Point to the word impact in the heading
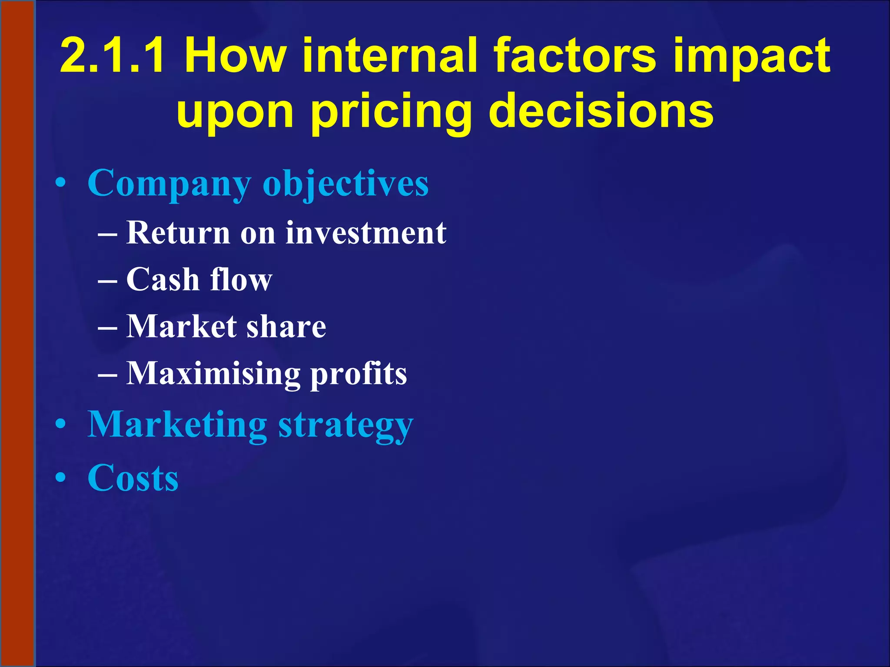751,56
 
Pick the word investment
365,233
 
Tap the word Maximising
213,373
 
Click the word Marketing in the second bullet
177,425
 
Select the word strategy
345,426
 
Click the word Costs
133,478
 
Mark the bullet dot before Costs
61,478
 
